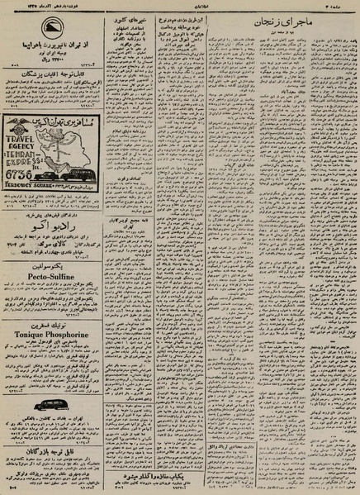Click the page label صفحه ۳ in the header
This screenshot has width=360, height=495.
pyautogui.click(x=342, y=6)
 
